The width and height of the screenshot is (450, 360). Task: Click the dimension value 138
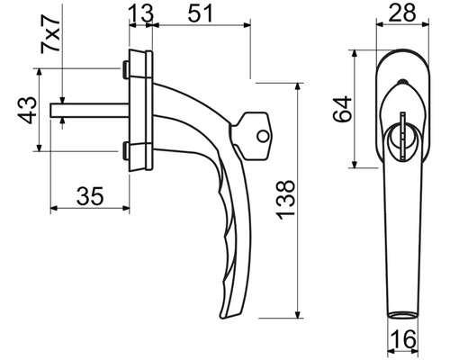tap(285, 200)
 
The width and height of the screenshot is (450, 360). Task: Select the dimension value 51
tap(200, 13)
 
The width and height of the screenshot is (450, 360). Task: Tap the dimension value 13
tap(141, 13)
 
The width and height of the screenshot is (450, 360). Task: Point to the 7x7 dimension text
tap(50, 34)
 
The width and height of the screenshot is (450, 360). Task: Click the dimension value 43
tap(28, 110)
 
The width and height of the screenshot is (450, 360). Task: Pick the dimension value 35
tap(90, 196)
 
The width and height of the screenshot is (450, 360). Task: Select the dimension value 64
tap(342, 109)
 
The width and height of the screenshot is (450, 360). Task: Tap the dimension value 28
tap(403, 13)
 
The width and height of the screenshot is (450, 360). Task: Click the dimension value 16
tap(404, 339)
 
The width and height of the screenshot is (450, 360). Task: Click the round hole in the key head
tap(263, 136)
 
